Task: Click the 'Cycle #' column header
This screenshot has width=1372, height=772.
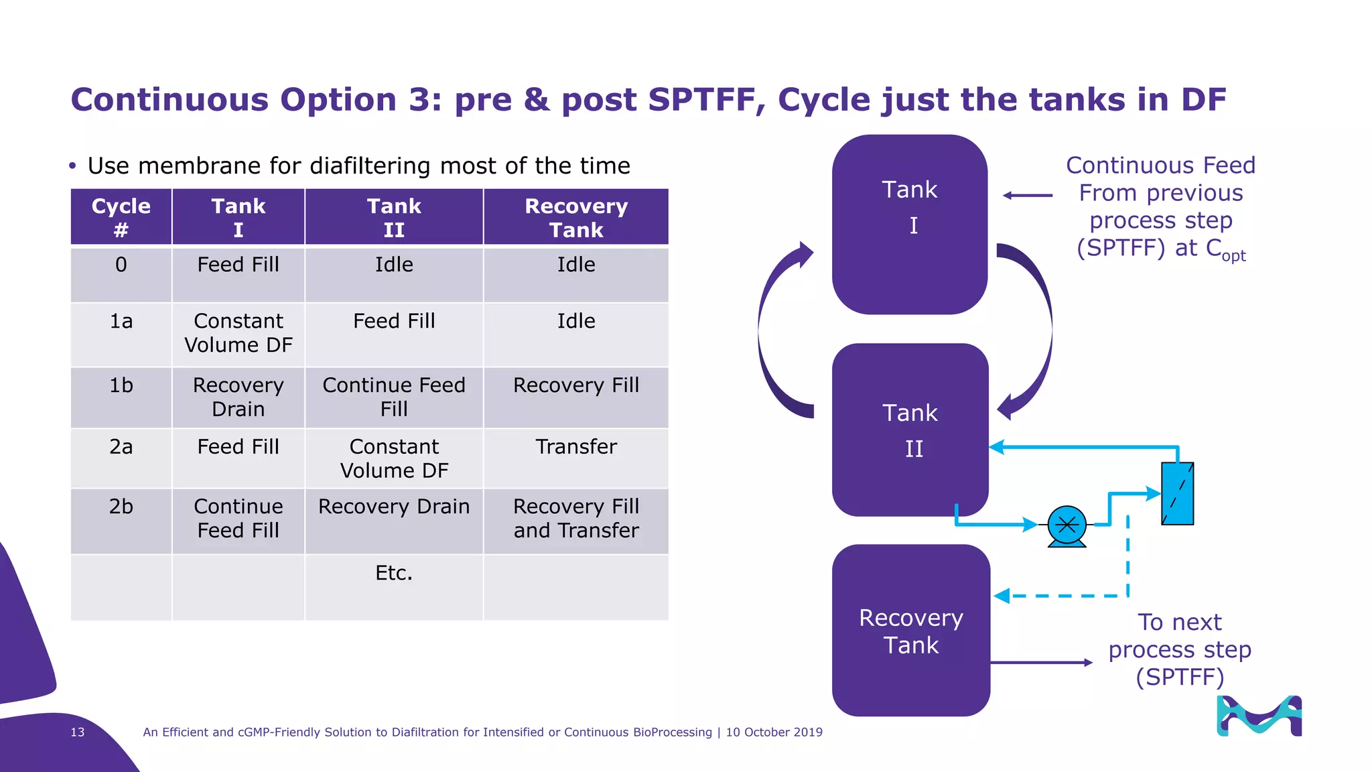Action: click(121, 217)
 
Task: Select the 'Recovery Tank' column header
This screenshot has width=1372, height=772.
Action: click(576, 217)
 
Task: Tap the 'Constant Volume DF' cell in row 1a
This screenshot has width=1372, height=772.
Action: click(238, 333)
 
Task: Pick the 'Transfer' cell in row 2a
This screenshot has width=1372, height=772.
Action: click(576, 447)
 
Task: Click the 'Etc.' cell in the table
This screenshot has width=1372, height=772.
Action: click(394, 574)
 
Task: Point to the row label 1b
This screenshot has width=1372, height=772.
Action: click(121, 386)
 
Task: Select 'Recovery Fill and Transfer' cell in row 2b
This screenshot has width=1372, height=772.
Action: click(576, 519)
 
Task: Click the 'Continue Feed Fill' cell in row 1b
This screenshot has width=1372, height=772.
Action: click(394, 397)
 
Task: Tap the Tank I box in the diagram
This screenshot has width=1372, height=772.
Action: click(910, 224)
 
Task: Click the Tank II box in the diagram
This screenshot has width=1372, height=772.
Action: click(910, 430)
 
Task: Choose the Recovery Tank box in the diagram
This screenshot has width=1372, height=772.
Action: click(910, 631)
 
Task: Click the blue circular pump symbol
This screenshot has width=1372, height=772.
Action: click(1067, 525)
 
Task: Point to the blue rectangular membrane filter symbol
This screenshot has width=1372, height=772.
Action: click(1177, 493)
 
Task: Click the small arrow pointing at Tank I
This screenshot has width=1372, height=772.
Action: click(1027, 196)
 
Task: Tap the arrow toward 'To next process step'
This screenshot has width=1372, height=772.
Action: click(1042, 662)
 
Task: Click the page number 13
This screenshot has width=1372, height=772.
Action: click(78, 732)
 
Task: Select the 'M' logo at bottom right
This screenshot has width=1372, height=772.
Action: click(1259, 716)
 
